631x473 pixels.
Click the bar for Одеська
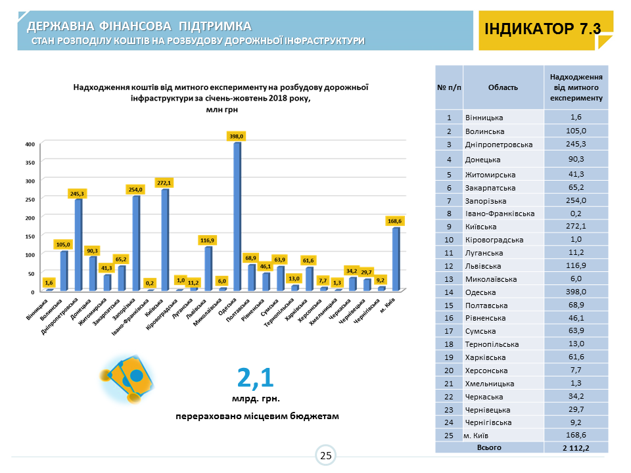point(237,216)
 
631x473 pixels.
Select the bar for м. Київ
point(396,259)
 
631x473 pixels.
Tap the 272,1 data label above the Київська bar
point(164,182)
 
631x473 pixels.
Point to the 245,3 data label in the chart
point(78,193)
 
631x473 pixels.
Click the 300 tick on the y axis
point(30,180)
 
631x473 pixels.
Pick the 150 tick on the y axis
point(30,236)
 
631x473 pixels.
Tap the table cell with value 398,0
point(576,292)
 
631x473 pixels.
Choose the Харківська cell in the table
point(503,357)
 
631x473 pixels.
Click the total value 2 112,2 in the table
point(576,447)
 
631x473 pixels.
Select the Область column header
point(503,87)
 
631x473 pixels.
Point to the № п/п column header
point(449,87)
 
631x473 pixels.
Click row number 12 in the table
point(449,266)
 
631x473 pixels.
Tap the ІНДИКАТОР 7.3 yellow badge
point(543,30)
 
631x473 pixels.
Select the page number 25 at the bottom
point(325,455)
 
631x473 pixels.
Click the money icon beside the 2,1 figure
point(130,380)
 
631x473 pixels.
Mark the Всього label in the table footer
point(489,447)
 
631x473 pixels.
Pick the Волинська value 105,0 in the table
point(576,130)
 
